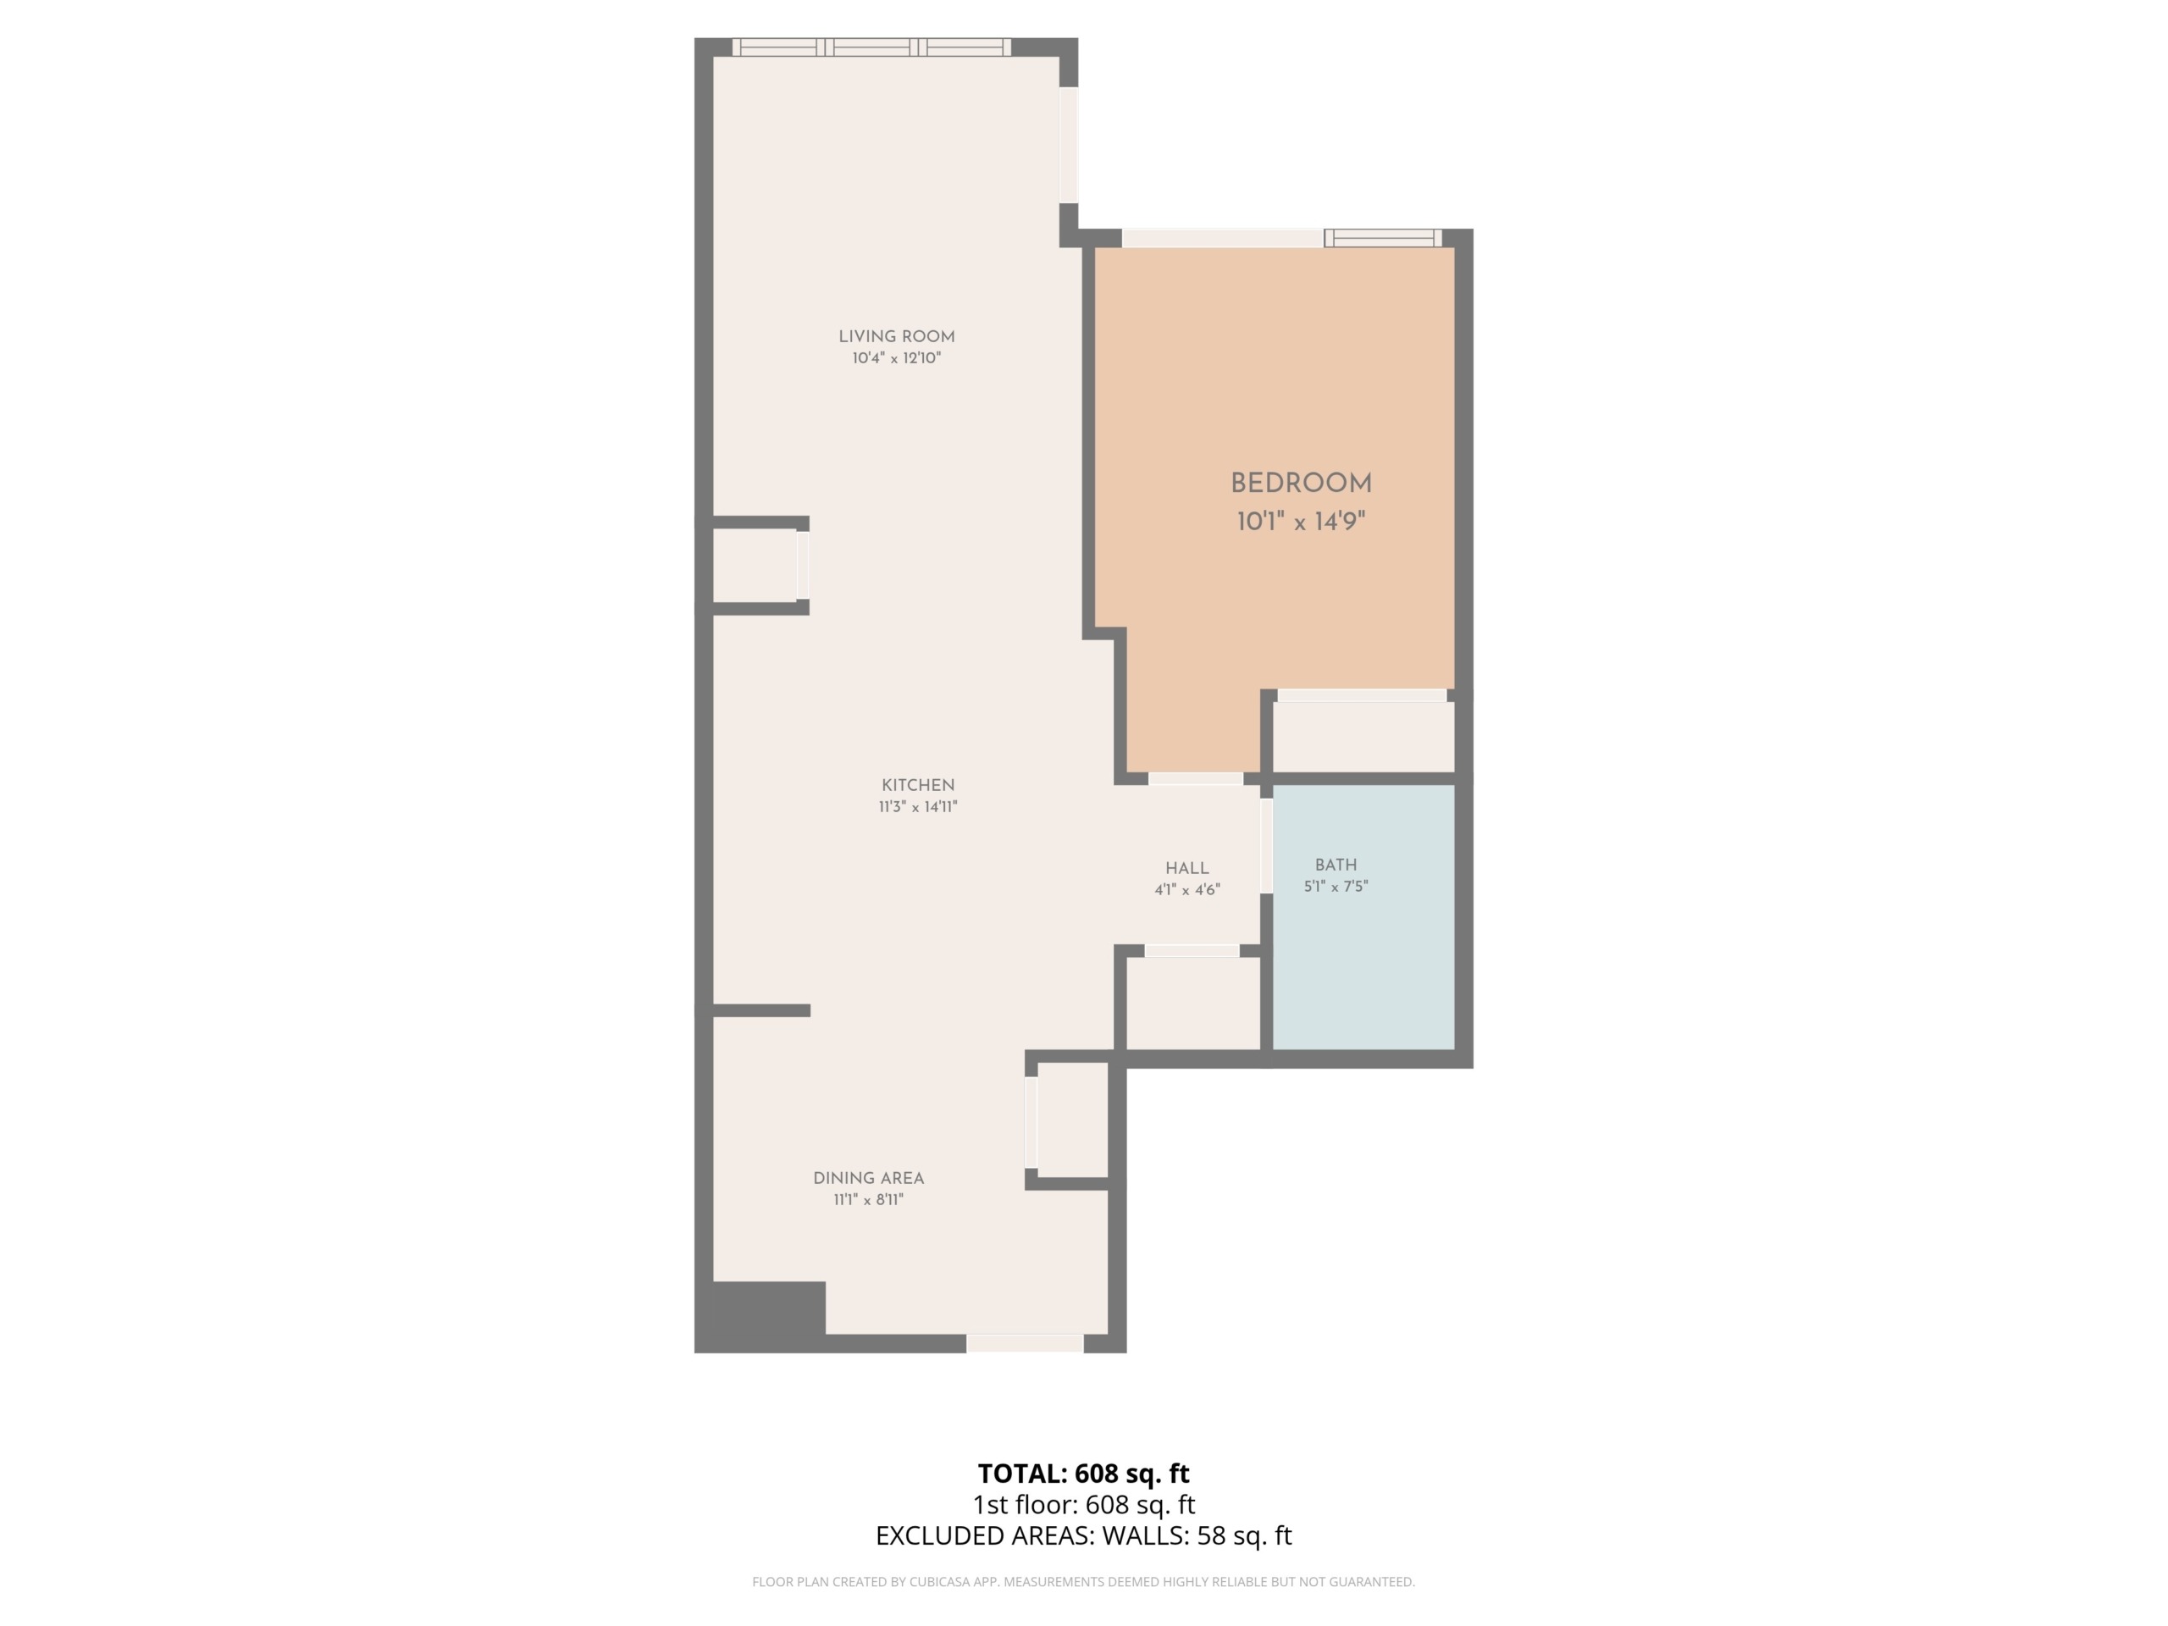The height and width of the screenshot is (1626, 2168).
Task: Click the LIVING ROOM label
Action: point(896,336)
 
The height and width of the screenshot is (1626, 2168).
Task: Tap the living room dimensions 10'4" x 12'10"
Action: point(896,359)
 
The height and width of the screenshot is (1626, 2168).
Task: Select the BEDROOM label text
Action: point(1301,484)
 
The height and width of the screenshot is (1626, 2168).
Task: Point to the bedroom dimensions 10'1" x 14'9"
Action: point(1301,522)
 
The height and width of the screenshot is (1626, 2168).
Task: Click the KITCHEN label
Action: point(917,785)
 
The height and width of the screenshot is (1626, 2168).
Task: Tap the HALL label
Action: point(1187,868)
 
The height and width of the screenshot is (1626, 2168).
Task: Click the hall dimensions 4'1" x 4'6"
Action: point(1187,891)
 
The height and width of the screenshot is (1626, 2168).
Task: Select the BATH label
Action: point(1336,865)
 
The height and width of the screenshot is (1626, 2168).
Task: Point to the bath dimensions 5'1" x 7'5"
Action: point(1336,887)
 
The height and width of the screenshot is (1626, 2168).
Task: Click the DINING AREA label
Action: point(868,1178)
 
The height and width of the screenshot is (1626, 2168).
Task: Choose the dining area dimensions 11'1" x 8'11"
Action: point(868,1200)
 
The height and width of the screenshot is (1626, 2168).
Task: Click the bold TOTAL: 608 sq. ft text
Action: point(1083,1473)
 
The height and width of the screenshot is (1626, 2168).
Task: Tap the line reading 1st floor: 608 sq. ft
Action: point(1083,1504)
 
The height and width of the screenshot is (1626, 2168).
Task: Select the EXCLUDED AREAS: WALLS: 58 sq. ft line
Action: point(1083,1536)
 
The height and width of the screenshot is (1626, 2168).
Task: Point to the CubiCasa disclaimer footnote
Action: point(1083,1582)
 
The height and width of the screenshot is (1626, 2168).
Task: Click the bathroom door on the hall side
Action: point(1266,846)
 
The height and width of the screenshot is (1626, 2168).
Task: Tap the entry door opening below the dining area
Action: point(1026,1344)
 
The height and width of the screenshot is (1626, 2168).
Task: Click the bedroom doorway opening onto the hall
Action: point(1196,779)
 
